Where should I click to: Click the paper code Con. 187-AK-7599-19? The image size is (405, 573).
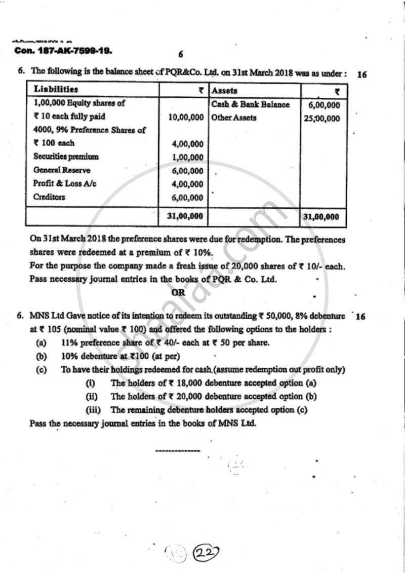click(x=64, y=51)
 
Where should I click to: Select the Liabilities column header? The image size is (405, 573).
click(x=56, y=90)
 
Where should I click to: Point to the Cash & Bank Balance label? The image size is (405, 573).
click(x=251, y=104)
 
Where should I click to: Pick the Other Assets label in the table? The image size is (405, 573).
click(x=234, y=118)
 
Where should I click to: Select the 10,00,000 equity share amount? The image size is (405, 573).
click(x=185, y=118)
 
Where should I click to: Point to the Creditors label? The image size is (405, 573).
click(x=49, y=197)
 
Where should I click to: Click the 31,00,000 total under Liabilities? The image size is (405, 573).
click(x=185, y=216)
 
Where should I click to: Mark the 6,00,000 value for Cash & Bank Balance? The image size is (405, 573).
click(x=324, y=105)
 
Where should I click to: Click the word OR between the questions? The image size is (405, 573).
click(x=178, y=292)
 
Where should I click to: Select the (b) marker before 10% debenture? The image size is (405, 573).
click(x=42, y=356)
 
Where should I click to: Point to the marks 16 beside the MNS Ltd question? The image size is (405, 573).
click(x=360, y=317)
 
